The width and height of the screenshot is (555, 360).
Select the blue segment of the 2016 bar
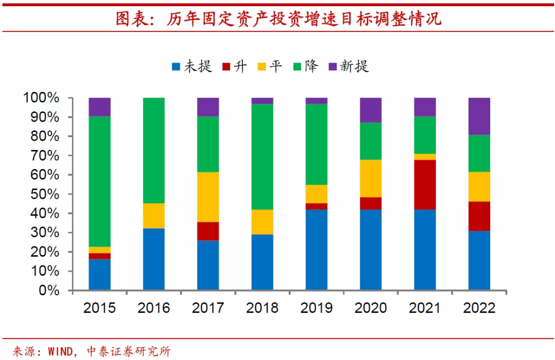click(154, 259)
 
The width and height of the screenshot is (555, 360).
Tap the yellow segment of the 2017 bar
click(208, 197)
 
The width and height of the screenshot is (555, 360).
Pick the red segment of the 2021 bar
click(425, 184)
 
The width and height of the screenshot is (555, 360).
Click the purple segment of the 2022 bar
click(479, 116)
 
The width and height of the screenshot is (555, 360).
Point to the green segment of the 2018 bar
click(262, 157)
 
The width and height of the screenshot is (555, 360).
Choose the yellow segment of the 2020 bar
click(371, 178)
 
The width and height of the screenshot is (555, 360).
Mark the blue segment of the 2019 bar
click(317, 250)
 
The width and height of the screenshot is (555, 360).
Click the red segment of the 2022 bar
click(479, 216)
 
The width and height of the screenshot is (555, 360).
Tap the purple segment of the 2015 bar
click(100, 107)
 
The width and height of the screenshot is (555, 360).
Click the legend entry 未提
click(192, 66)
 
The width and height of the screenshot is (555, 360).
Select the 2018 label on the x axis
click(262, 308)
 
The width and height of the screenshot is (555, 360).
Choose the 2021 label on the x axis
click(425, 308)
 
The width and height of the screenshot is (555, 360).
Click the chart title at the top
click(277, 18)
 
